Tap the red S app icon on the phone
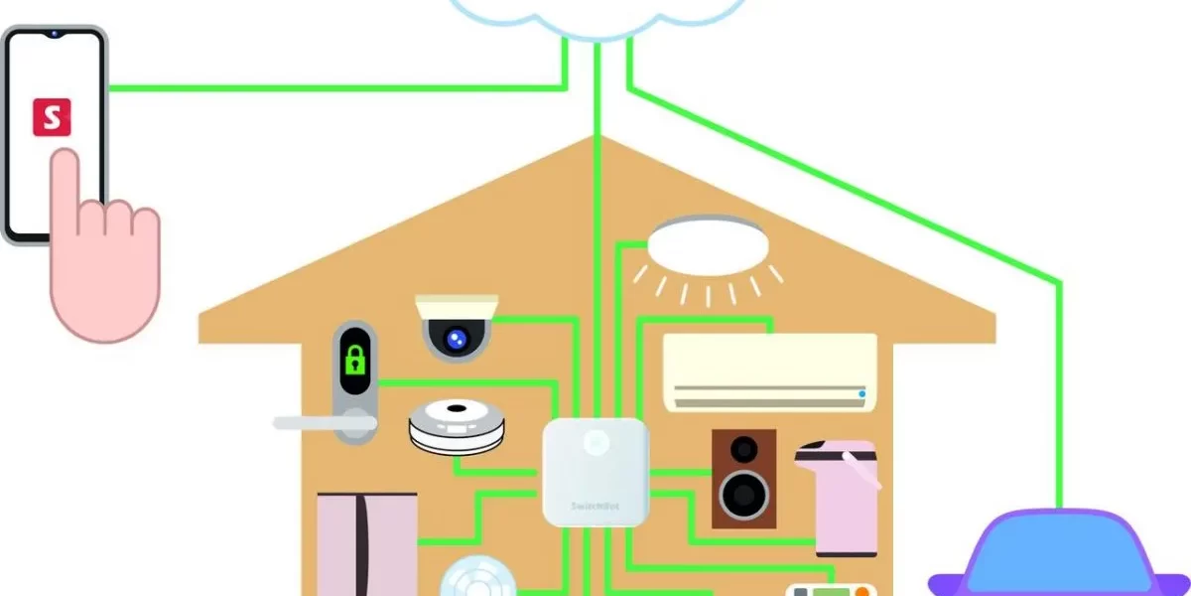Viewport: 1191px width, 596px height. tap(53, 116)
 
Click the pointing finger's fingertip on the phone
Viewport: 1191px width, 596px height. tap(66, 159)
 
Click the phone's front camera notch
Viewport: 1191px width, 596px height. tap(54, 33)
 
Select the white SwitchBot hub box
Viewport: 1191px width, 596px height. tap(595, 471)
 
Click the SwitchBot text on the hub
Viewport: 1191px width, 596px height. tap(593, 505)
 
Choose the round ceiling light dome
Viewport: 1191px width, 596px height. tap(709, 244)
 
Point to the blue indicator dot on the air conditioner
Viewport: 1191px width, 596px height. tap(861, 394)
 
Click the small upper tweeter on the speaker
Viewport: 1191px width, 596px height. tap(743, 449)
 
